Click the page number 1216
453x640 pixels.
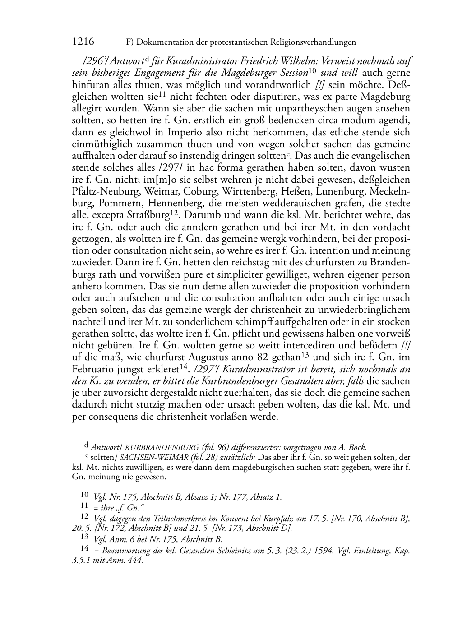[x=83, y=42]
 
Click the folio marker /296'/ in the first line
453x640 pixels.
[x=83, y=61]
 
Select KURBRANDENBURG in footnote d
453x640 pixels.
[x=162, y=448]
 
